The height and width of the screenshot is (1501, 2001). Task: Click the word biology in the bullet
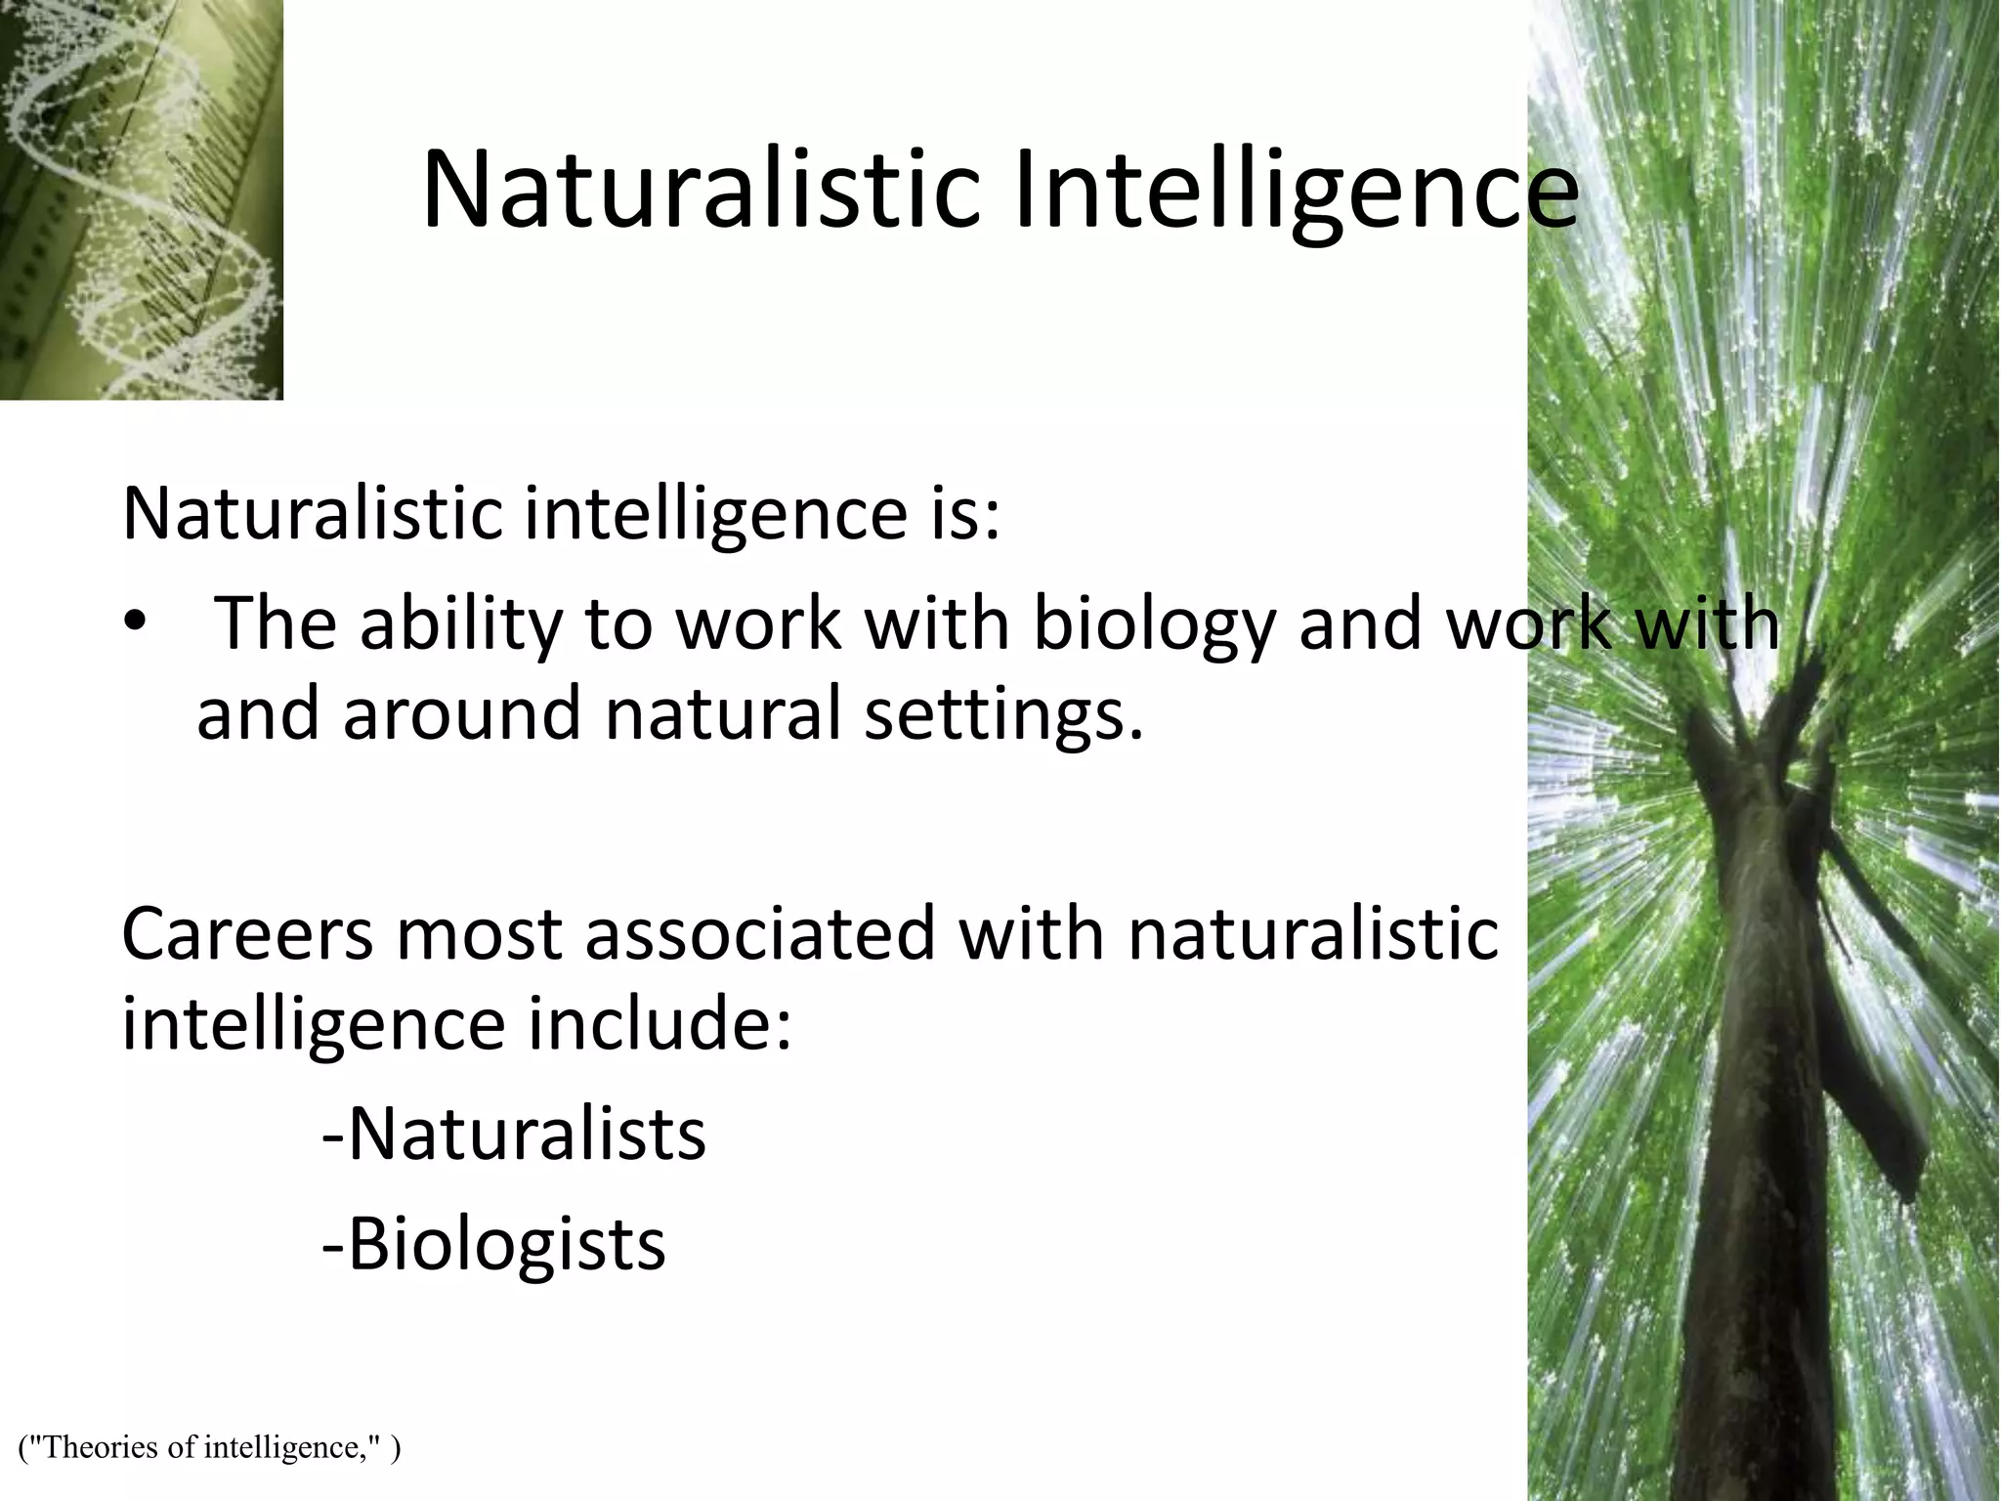1154,624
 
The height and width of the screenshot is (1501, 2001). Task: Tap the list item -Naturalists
514,1135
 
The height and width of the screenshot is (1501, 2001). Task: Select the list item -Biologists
493,1244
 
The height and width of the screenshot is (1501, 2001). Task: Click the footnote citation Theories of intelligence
209,1446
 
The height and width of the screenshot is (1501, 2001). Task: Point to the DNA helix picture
142,199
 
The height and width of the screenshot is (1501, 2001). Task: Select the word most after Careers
476,933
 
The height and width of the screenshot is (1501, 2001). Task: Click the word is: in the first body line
965,515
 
